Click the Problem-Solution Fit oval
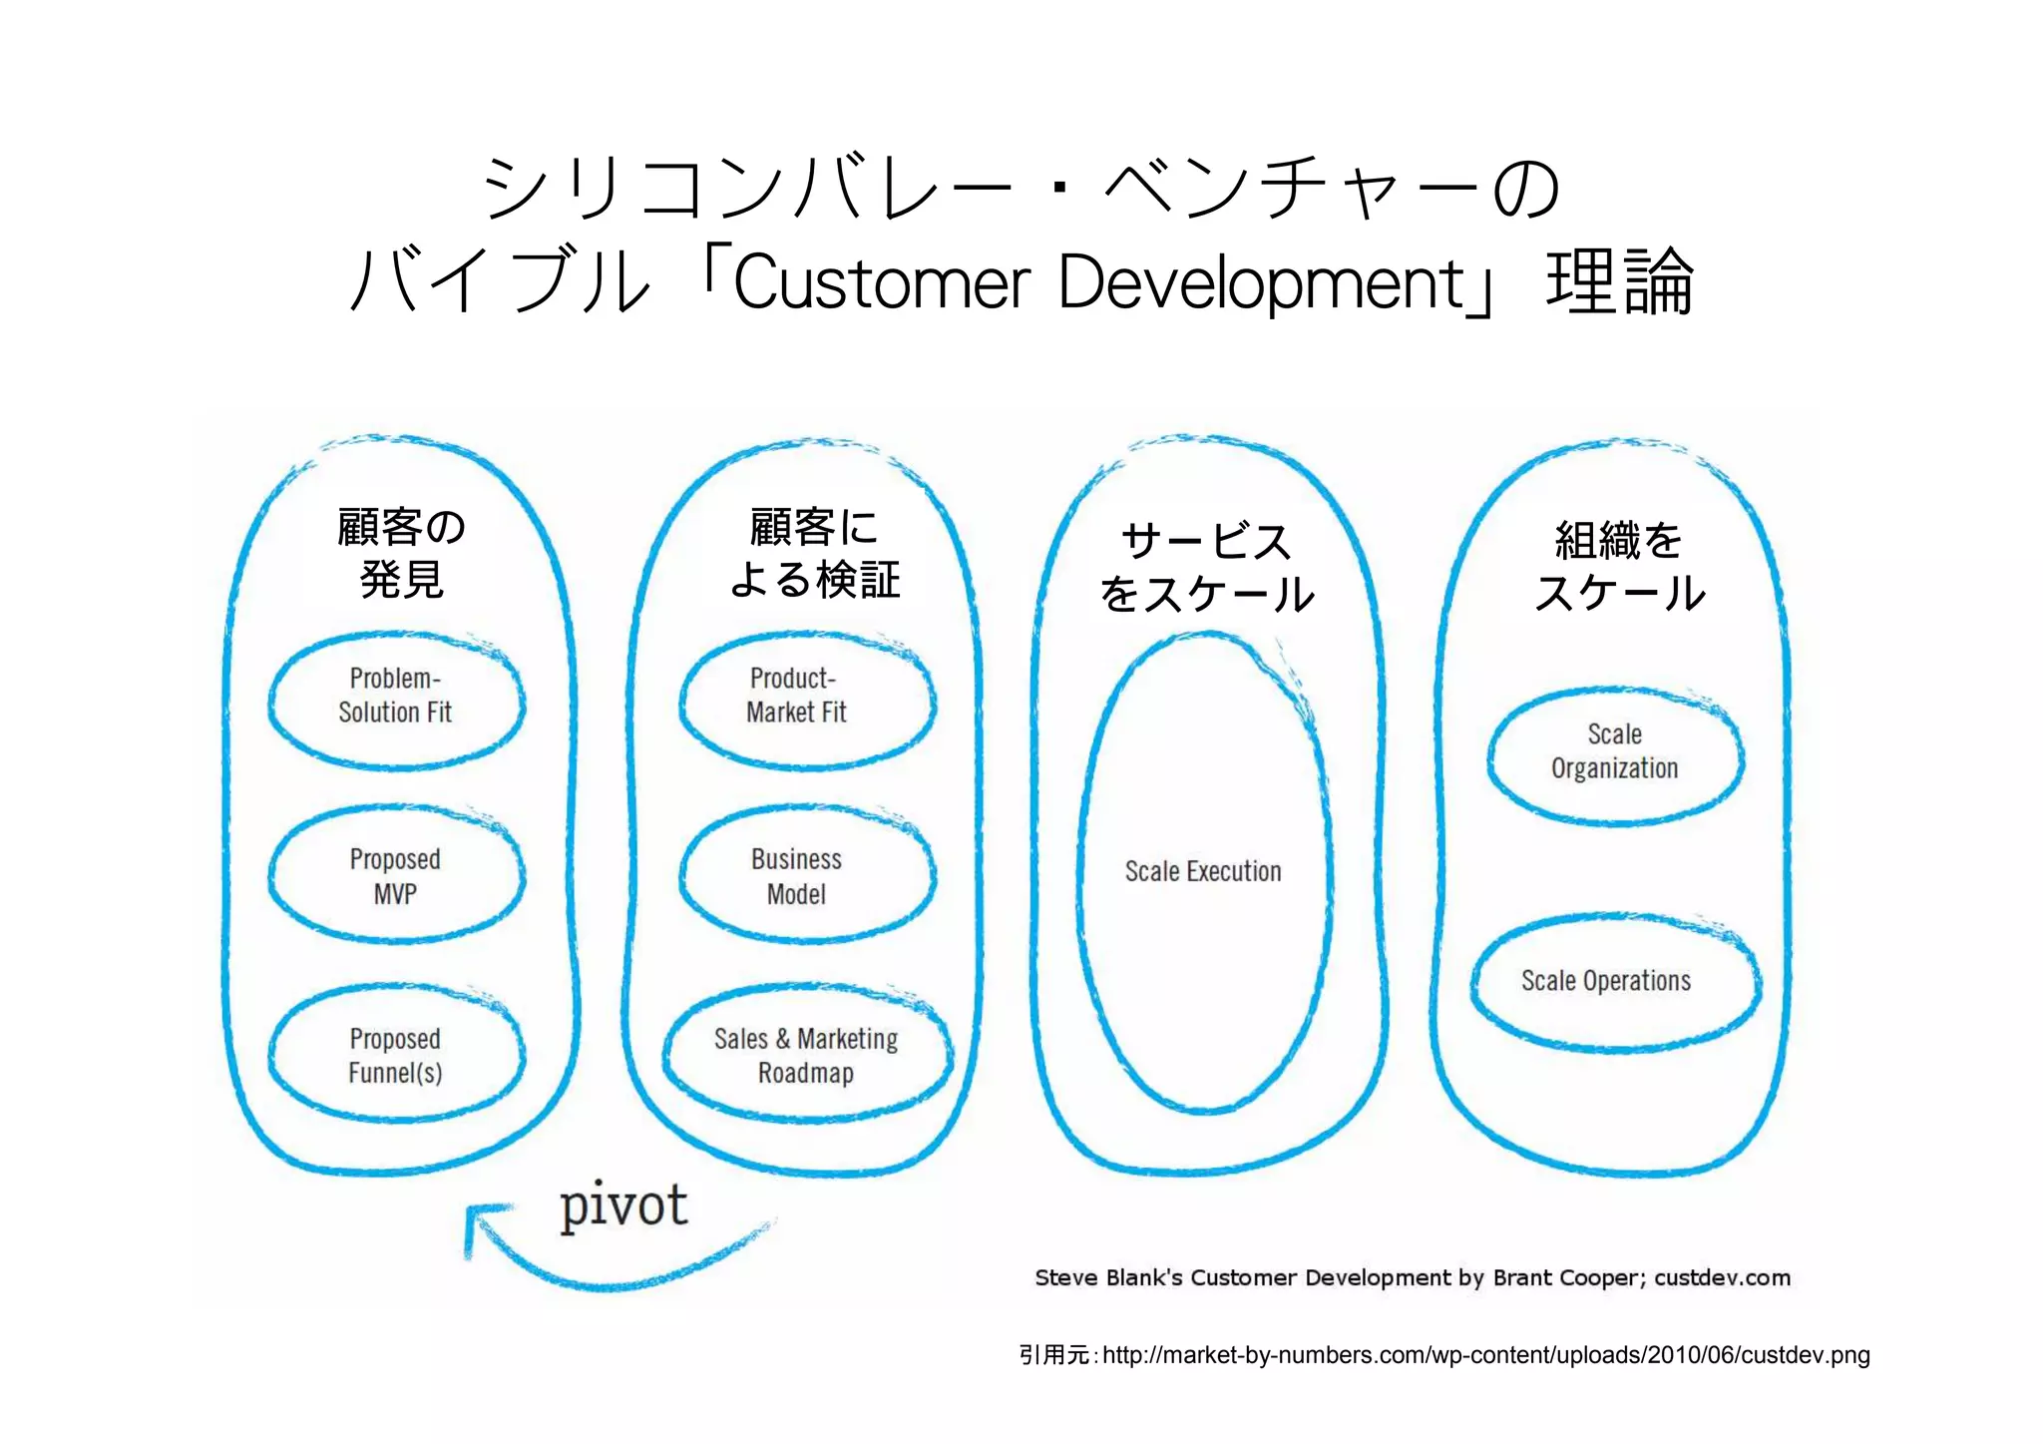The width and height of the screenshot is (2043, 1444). pos(396,698)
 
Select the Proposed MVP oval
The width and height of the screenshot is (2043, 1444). pos(396,877)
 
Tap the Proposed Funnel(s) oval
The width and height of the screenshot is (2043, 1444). pos(396,1056)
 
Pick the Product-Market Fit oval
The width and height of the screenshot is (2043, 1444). pos(806,698)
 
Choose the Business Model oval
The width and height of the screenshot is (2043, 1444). pos(806,877)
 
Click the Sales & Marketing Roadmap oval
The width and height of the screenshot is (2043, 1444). pos(806,1056)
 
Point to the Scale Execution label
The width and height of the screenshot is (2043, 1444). pos(1203,872)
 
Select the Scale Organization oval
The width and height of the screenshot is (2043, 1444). pos(1614,753)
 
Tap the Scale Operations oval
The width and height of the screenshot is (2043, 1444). pos(1614,981)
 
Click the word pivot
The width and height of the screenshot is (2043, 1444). pos(623,1204)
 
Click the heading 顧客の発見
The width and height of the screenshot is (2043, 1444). pos(401,553)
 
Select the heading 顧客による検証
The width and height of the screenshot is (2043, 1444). pos(814,553)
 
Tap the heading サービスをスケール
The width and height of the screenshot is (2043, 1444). pos(1207,567)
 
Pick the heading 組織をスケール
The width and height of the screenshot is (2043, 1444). pos(1619,567)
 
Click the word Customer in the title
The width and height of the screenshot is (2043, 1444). pos(882,283)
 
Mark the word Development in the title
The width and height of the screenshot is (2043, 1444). pos(1260,283)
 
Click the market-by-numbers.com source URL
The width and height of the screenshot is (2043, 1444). pos(1485,1355)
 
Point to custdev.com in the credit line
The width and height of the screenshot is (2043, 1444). pos(1722,1278)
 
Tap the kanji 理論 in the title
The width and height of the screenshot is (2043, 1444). pos(1619,283)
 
